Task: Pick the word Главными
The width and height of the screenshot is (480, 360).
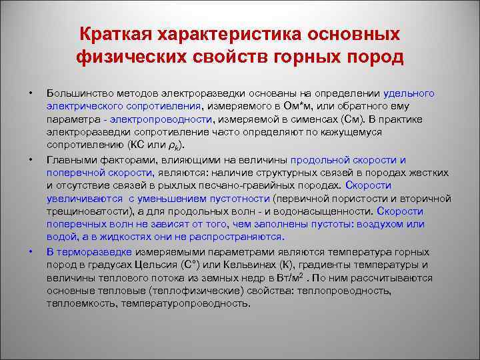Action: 67,161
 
